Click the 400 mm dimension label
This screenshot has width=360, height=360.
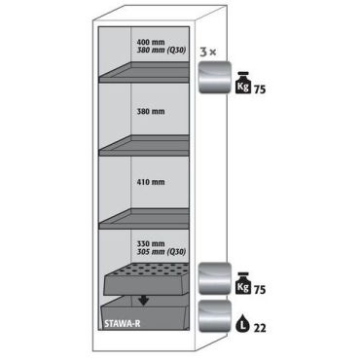[x=151, y=42]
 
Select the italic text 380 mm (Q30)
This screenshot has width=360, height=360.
[x=162, y=51]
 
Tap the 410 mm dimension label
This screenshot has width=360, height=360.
[x=151, y=182]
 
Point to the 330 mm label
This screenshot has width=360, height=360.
[x=151, y=243]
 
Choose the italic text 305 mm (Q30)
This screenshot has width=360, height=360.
[x=162, y=252]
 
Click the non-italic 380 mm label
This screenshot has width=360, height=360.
[x=151, y=112]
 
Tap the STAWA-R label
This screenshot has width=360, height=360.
[x=123, y=323]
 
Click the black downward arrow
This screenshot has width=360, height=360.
[x=143, y=301]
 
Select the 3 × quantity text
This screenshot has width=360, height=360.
[x=207, y=52]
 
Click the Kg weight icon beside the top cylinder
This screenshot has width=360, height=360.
[x=242, y=83]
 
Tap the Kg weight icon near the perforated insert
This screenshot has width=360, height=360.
[x=242, y=283]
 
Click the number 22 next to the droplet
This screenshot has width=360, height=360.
[x=260, y=328]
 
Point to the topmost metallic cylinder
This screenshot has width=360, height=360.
[x=215, y=78]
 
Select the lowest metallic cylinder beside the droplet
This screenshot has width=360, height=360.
[x=215, y=316]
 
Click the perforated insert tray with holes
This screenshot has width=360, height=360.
[x=146, y=279]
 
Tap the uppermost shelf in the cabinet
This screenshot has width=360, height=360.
[x=144, y=72]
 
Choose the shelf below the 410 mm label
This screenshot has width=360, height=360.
[x=144, y=219]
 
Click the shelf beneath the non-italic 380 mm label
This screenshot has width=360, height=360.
[x=144, y=146]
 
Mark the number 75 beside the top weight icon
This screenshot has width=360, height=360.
[x=260, y=90]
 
